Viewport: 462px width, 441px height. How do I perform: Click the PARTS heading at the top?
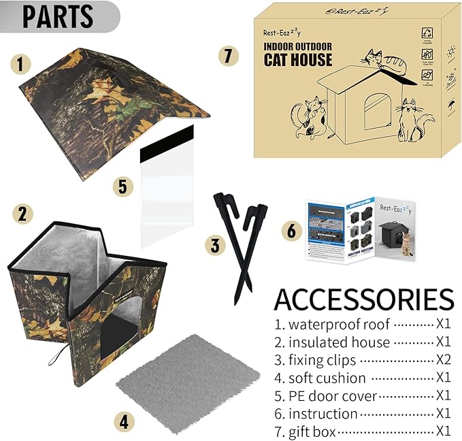[57, 17]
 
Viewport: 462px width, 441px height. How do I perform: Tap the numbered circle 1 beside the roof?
[21, 65]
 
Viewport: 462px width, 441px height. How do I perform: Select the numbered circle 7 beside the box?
[229, 56]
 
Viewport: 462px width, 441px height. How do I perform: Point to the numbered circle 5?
[122, 186]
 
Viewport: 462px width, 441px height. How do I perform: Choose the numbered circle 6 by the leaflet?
[291, 231]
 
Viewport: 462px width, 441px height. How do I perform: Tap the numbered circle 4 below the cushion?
[123, 422]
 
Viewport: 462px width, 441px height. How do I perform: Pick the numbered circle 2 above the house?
[22, 215]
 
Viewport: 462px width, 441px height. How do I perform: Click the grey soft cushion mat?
[188, 381]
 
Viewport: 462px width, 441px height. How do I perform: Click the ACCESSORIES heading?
[363, 299]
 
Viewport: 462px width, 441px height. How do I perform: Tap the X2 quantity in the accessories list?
[443, 360]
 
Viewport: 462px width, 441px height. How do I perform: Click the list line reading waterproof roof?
[333, 325]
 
